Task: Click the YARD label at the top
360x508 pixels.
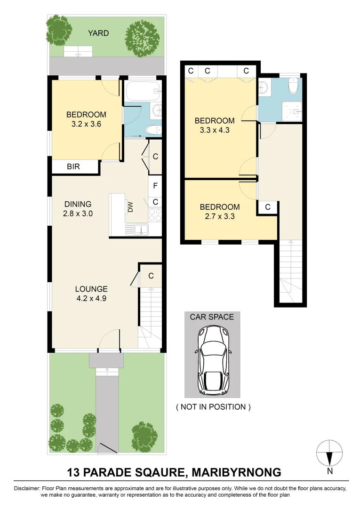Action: tap(98, 33)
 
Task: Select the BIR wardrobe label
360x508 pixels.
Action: tap(73, 167)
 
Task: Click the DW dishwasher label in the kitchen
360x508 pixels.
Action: tap(130, 206)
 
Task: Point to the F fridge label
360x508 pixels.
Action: tap(155, 185)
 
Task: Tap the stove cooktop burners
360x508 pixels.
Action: tap(155, 215)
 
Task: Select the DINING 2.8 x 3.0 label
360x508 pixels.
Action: tap(78, 209)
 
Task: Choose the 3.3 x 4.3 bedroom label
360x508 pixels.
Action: tap(214, 126)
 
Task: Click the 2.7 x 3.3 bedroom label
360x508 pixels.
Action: tap(220, 212)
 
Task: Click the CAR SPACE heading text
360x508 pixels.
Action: tap(212, 317)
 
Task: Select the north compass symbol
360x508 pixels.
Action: tap(329, 453)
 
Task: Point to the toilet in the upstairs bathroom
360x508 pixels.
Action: tap(294, 86)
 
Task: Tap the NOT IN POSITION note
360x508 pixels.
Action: tap(213, 407)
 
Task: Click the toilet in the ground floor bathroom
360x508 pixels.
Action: tap(153, 130)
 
